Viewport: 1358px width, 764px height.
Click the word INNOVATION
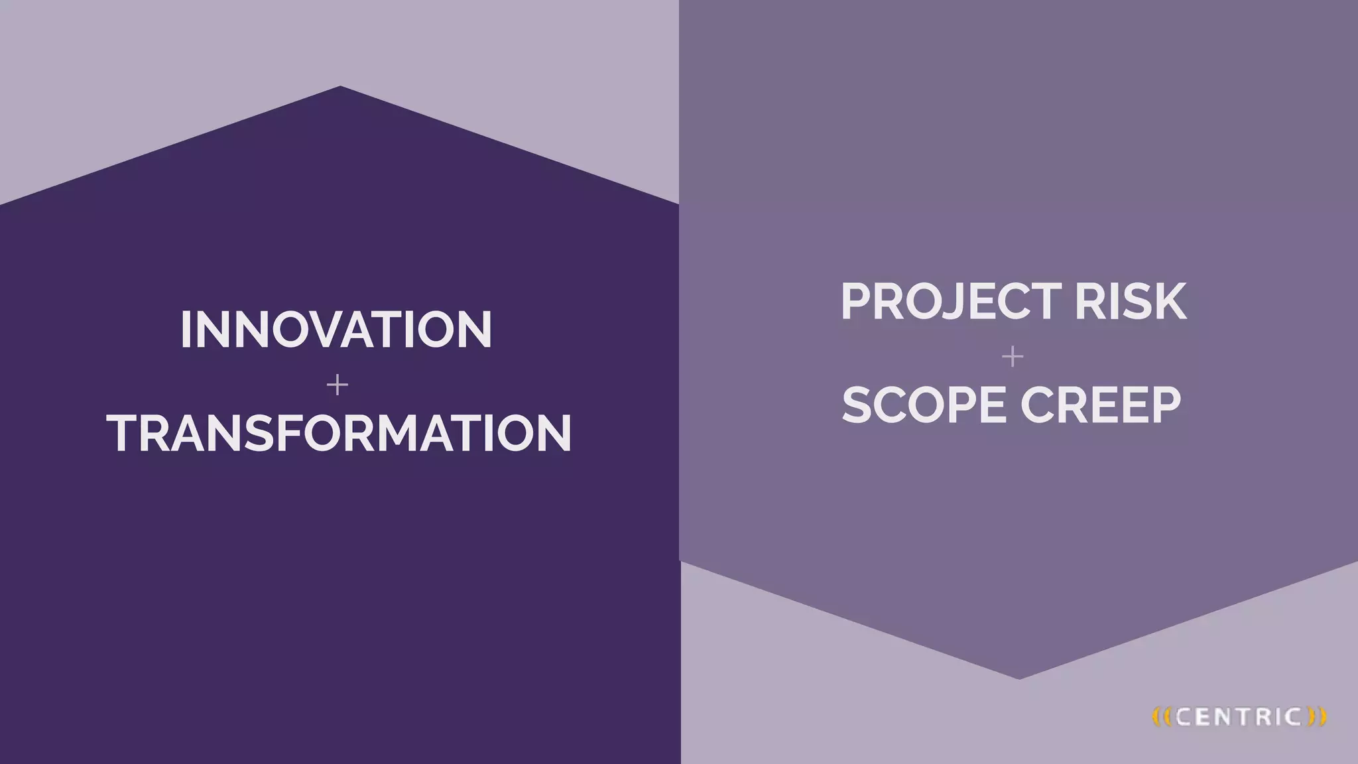click(x=336, y=330)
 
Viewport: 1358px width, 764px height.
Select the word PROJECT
click(x=951, y=302)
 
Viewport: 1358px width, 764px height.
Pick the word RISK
click(x=1130, y=302)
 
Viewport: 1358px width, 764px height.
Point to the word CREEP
click(x=1101, y=405)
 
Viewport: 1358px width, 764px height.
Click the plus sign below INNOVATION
click(x=338, y=385)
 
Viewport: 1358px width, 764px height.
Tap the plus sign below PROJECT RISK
click(x=1013, y=357)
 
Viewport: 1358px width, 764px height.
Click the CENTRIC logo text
click(x=1238, y=717)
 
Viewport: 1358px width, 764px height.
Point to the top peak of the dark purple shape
click(x=340, y=88)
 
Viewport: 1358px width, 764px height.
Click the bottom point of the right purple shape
click(x=1019, y=676)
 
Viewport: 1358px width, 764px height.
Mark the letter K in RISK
click(x=1170, y=302)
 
